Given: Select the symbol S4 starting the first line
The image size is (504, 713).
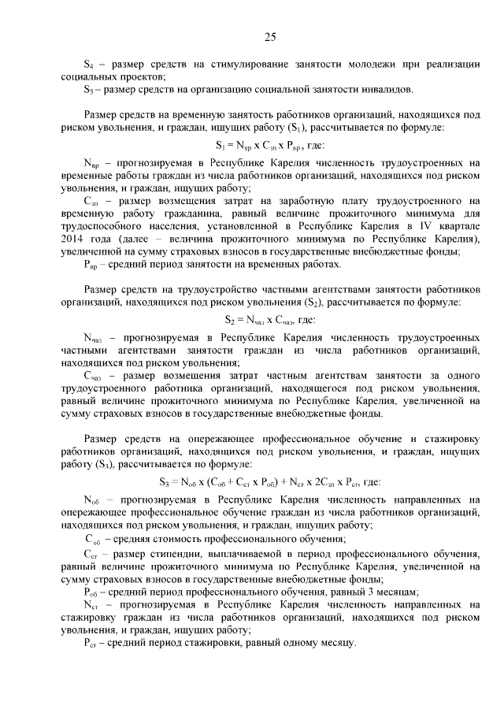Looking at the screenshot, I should pyautogui.click(x=89, y=63).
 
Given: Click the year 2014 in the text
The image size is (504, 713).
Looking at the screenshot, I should pyautogui.click(x=73, y=238).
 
